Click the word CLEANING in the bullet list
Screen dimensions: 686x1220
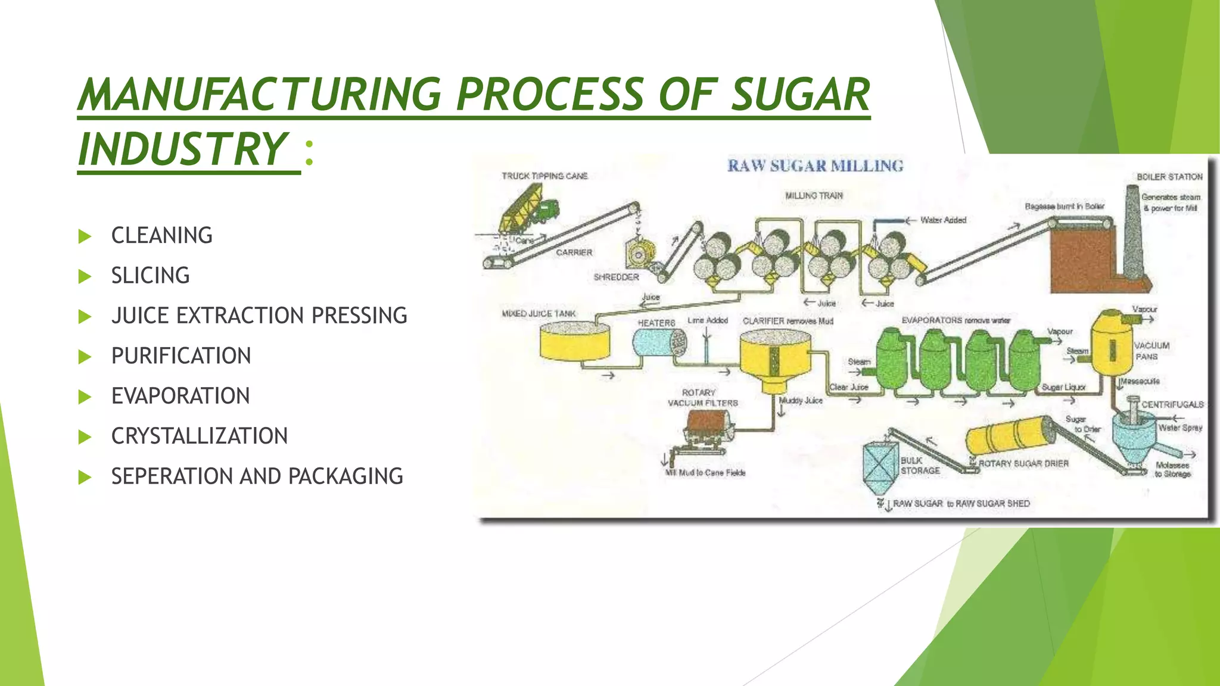161,236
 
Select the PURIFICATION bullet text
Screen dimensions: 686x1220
181,356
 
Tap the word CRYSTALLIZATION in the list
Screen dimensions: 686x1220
200,436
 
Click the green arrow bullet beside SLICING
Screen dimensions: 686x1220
85,276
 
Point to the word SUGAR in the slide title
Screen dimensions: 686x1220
800,95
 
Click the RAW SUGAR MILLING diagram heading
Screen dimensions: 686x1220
815,166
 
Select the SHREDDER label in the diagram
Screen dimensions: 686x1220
616,277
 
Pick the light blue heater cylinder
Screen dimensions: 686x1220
659,343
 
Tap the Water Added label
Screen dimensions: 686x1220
943,220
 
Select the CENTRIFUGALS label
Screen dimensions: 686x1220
1172,405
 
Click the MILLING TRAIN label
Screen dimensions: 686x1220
814,196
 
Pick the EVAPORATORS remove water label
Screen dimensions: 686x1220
956,320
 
